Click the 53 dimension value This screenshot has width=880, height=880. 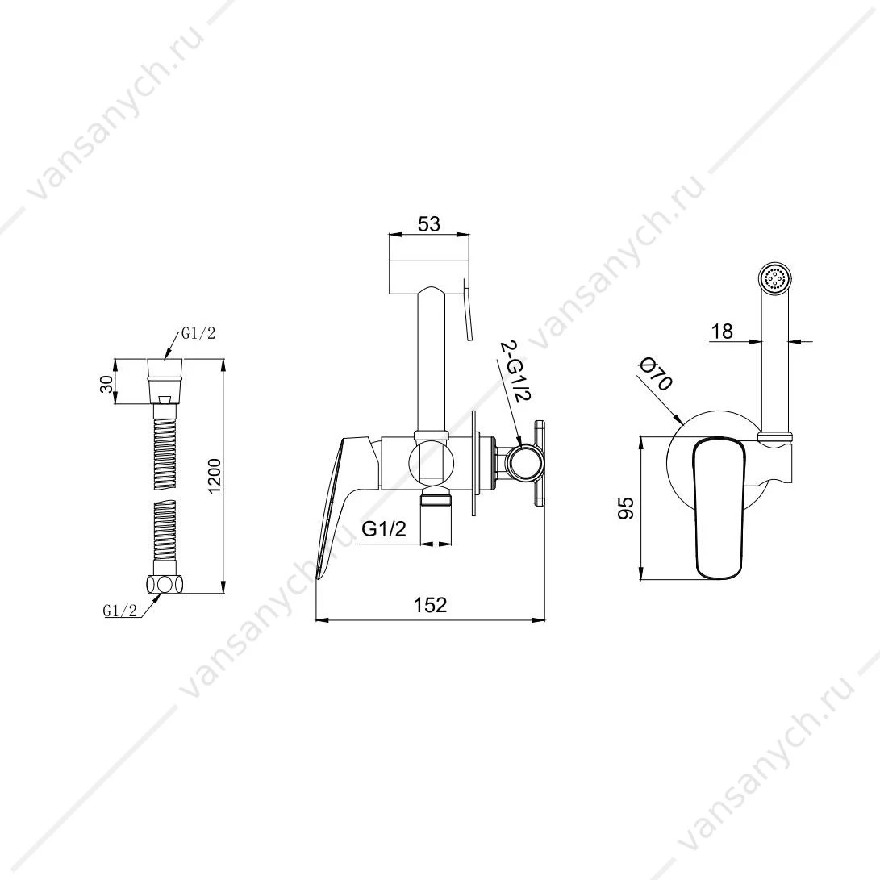tap(429, 224)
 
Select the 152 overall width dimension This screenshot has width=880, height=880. tap(431, 604)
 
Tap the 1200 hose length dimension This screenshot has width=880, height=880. tap(215, 477)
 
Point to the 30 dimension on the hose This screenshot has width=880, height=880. tap(107, 384)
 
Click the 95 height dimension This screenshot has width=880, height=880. tap(626, 508)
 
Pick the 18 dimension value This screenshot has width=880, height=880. tap(722, 332)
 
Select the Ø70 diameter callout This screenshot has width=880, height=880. tap(656, 375)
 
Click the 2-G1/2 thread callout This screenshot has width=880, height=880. tap(514, 371)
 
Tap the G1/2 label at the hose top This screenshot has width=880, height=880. tap(198, 333)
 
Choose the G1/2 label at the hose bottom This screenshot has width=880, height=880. tap(119, 611)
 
